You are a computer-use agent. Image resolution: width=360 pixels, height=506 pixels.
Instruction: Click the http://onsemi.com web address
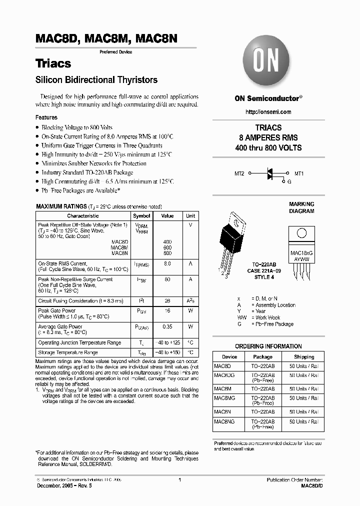click(268, 111)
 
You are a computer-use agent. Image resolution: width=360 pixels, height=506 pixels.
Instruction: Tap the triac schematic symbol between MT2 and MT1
click(269, 173)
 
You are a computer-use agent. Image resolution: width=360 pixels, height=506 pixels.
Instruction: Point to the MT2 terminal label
click(239, 173)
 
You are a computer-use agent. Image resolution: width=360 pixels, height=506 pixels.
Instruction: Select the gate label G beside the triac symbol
click(289, 182)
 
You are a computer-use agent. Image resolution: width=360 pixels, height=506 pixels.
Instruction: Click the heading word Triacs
click(53, 63)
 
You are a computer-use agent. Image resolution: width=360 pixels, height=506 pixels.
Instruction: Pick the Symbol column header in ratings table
click(141, 216)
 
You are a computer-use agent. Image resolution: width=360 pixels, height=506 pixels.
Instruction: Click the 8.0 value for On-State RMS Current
click(167, 263)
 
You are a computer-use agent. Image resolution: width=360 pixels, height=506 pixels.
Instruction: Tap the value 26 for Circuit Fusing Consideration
click(167, 301)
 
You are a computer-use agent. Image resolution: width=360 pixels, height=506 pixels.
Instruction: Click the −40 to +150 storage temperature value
click(167, 353)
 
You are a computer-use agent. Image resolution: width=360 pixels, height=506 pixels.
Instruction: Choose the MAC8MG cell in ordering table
click(224, 398)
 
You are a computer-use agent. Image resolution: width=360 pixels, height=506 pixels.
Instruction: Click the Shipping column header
click(304, 357)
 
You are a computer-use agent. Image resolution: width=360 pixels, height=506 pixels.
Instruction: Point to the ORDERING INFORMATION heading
click(268, 346)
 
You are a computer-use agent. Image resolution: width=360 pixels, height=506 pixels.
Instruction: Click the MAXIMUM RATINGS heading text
click(61, 206)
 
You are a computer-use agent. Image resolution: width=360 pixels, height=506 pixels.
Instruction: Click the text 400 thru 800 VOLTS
click(268, 147)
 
